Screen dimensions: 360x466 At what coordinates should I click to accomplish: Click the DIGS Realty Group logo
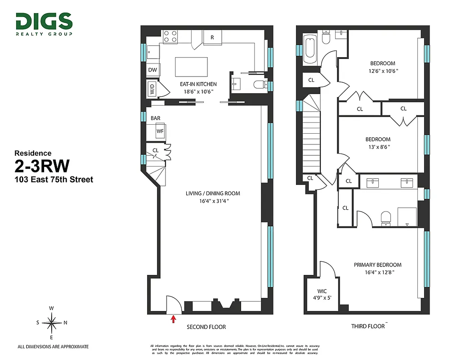coord(44,24)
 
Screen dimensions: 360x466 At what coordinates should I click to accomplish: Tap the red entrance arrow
coord(174,319)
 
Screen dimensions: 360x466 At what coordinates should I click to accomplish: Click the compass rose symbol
coord(52,322)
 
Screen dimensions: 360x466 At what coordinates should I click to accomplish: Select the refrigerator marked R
coord(212,38)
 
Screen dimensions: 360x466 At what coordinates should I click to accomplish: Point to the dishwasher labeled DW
coord(152,70)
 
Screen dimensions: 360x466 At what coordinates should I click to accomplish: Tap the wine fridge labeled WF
coord(160,131)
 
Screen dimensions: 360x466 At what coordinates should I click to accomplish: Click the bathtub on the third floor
coord(310,49)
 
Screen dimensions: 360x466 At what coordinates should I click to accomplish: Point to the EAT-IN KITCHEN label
coord(198,84)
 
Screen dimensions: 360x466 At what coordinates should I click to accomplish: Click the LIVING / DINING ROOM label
coord(213,193)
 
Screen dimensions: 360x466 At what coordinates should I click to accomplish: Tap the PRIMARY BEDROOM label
coord(377,265)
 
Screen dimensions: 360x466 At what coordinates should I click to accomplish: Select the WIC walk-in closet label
coord(322,291)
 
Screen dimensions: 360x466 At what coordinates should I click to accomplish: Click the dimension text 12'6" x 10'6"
coord(382,71)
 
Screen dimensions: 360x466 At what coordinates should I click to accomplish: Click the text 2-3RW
coord(42,166)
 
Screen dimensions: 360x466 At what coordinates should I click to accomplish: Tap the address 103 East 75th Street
coord(54,180)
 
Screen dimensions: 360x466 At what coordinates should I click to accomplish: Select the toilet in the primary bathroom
coord(386,218)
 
